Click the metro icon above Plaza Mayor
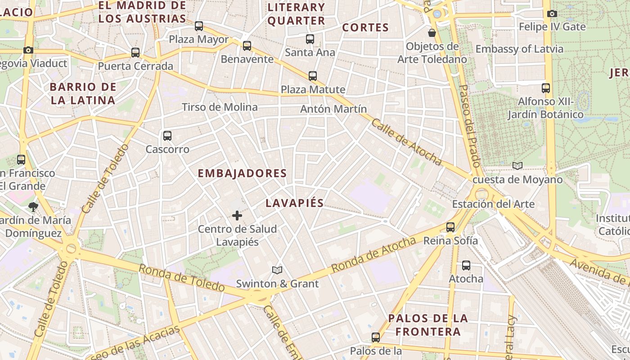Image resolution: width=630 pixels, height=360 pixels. [x=199, y=26]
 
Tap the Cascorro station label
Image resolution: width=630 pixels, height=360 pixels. [x=167, y=149]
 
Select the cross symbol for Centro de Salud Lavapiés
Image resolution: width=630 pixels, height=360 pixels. [x=237, y=216]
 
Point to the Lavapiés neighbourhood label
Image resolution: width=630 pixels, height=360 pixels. [x=294, y=203]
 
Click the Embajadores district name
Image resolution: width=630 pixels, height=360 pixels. [x=242, y=173]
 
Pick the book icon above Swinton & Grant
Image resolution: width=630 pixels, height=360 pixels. [x=277, y=270]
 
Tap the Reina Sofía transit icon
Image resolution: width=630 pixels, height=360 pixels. [x=450, y=227]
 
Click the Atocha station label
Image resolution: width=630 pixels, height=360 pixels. [x=466, y=279]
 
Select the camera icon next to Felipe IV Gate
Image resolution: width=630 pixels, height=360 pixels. [x=552, y=13]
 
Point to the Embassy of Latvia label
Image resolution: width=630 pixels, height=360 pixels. [x=519, y=49]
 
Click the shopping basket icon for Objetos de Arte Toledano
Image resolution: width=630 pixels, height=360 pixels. [x=432, y=33]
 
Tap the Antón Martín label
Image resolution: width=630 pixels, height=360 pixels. [x=333, y=109]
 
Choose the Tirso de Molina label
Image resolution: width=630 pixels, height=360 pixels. [x=220, y=107]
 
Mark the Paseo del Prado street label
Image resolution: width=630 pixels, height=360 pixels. [x=469, y=126]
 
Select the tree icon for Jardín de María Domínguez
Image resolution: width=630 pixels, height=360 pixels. [x=33, y=207]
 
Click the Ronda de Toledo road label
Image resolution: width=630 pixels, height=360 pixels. [x=181, y=277]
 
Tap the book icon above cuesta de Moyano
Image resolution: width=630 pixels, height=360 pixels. [x=517, y=166]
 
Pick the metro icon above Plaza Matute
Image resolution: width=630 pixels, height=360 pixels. [x=313, y=76]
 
